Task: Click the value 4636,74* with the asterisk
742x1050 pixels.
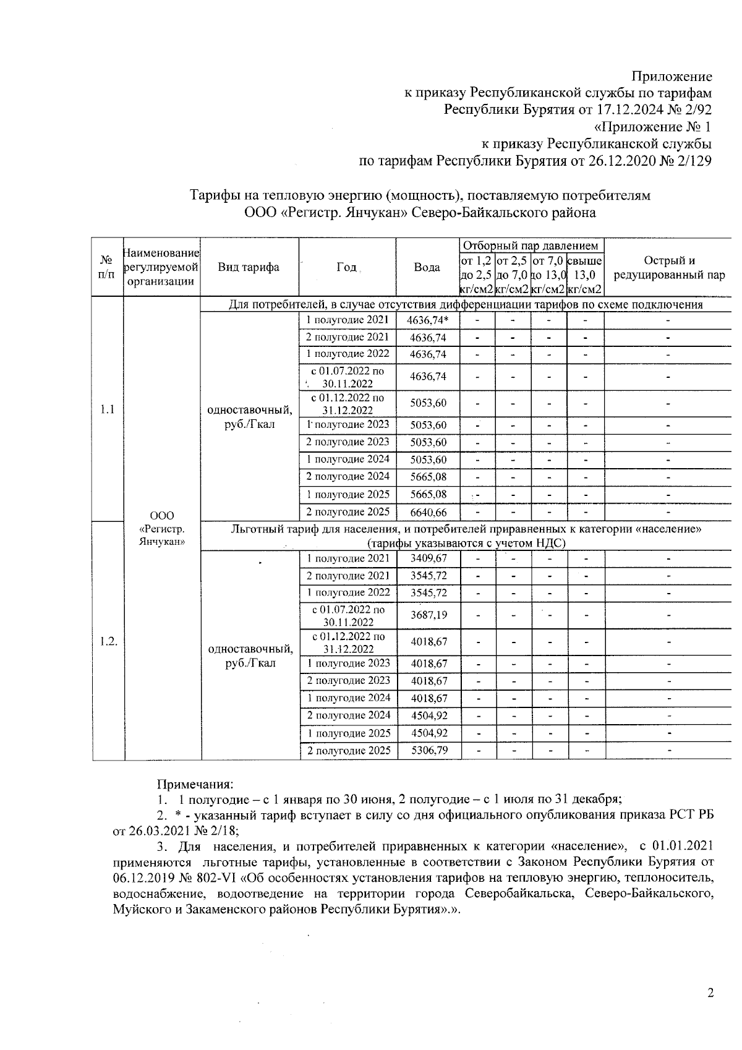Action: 428,320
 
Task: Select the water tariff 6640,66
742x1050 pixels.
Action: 428,513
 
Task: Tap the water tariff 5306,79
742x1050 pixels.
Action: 429,751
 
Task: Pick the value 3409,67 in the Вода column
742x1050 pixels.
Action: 429,558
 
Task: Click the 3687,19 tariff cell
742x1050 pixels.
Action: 429,615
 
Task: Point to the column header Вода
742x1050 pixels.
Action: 427,268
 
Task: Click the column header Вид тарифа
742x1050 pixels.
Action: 249,268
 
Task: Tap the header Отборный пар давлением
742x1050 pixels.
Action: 531,246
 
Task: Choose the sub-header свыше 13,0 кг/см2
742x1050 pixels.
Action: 584,275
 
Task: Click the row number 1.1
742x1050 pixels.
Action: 108,409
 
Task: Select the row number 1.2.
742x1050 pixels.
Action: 108,641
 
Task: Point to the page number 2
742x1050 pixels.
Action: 710,994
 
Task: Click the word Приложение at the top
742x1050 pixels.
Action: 671,77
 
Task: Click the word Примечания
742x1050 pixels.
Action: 195,785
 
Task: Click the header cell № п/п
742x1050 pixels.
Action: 108,268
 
